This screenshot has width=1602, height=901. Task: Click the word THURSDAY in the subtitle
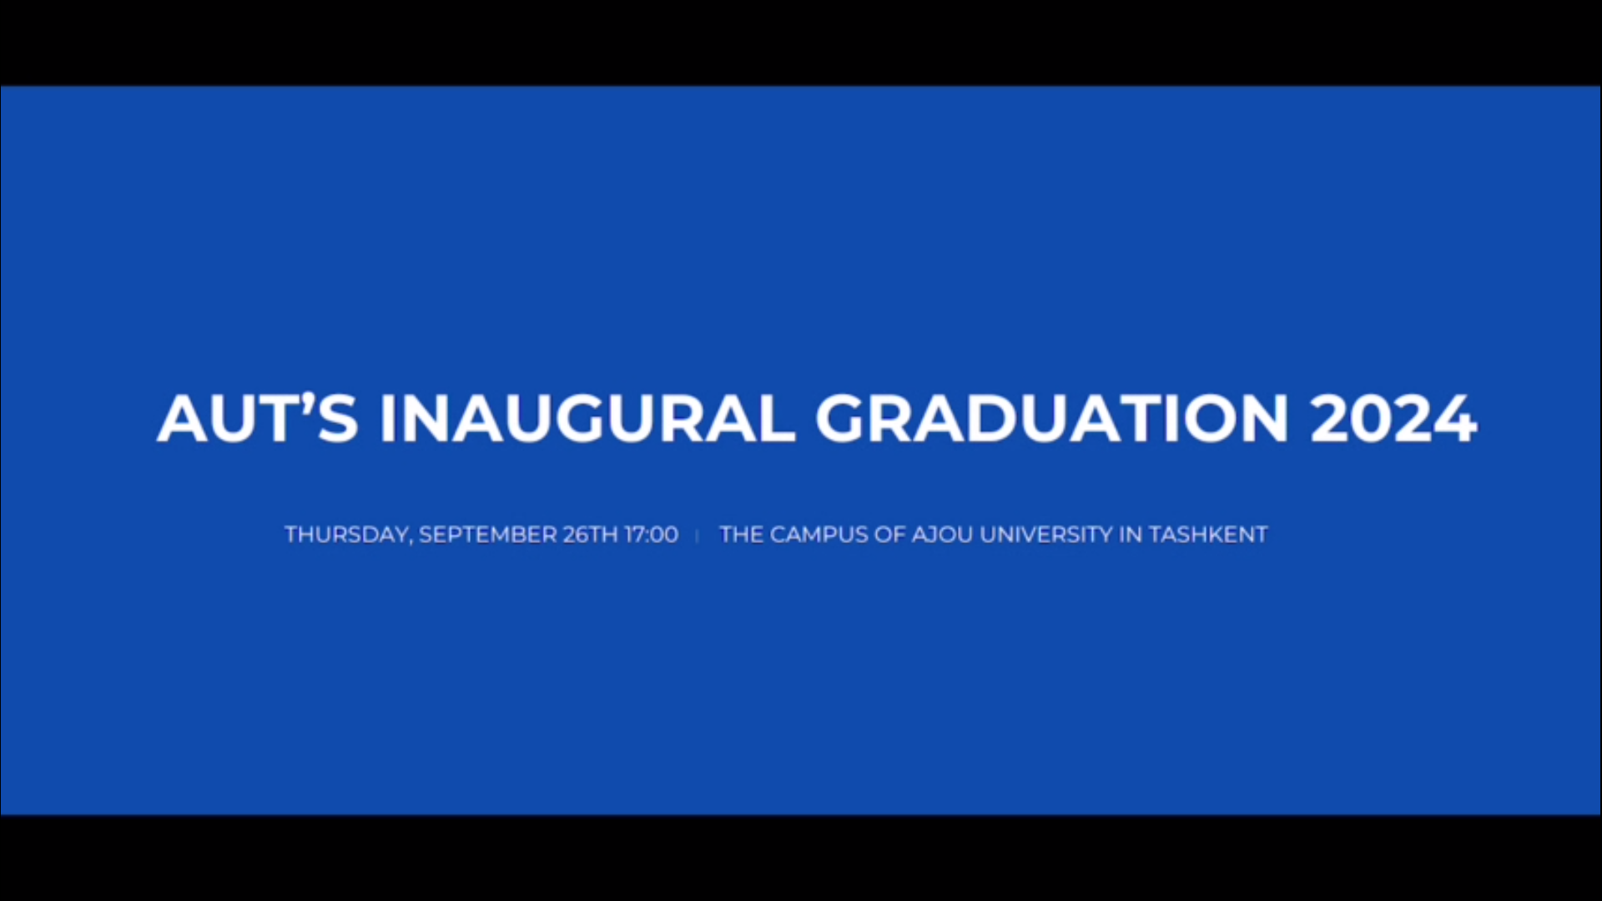[x=349, y=535]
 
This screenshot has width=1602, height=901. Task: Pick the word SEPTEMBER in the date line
[x=488, y=535]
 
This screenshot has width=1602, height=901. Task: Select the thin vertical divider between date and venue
[x=697, y=536]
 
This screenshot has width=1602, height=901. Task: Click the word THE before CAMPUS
[x=741, y=535]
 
